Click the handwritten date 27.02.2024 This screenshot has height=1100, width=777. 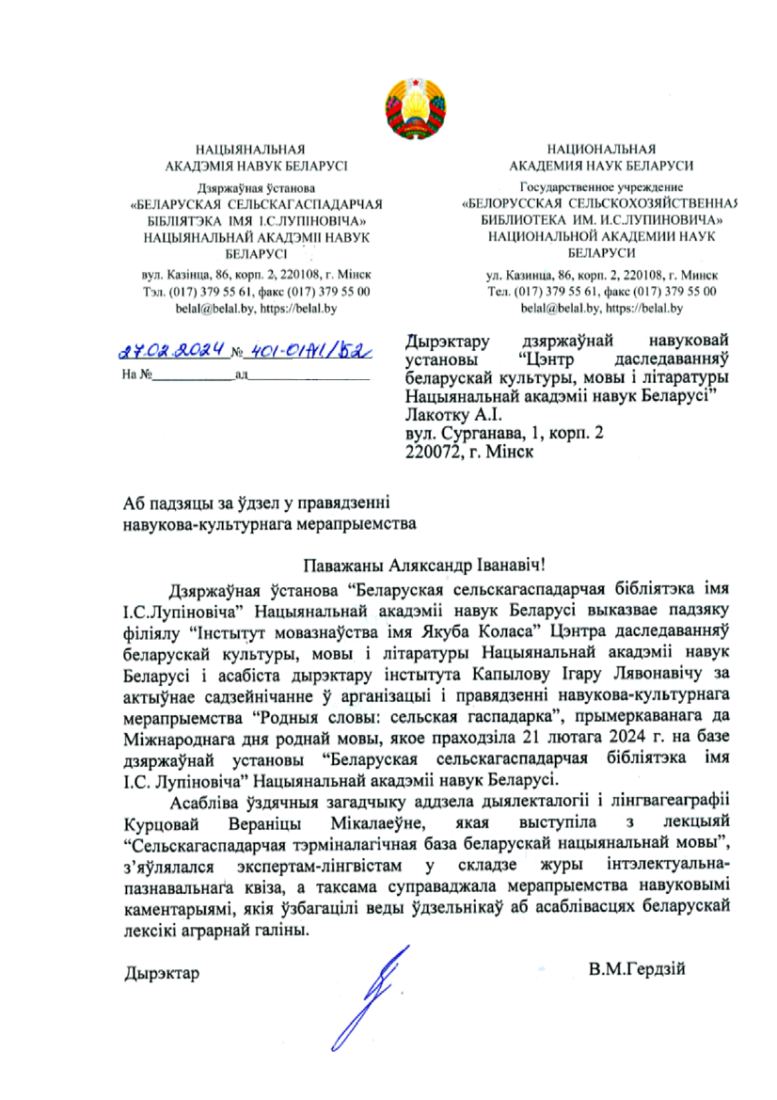(176, 351)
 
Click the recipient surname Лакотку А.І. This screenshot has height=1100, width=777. (458, 413)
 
